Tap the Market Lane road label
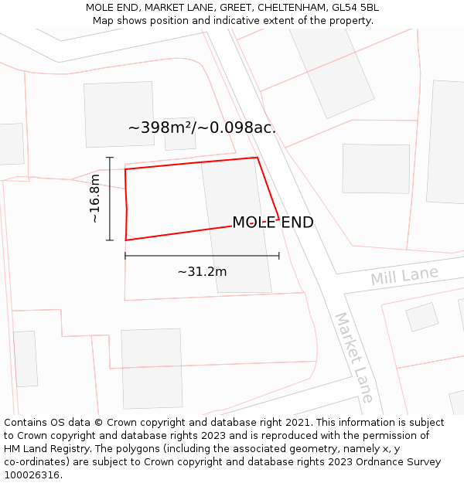coord(354,357)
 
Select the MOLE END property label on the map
coord(273,223)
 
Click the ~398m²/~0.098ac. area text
coord(202,128)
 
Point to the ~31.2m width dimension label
coord(202,271)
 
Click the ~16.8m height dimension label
coord(95,199)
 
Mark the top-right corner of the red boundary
coord(256,158)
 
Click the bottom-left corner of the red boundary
coord(126,240)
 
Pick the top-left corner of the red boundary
coord(125,168)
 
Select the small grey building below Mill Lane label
coord(421,317)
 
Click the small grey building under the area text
coord(179,134)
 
